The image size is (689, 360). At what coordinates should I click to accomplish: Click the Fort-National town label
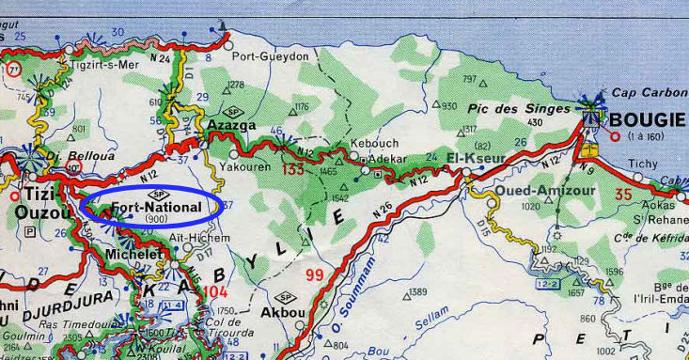click(156, 206)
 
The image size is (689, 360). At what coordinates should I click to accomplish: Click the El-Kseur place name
click(477, 157)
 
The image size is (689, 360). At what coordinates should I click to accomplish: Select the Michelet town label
click(130, 255)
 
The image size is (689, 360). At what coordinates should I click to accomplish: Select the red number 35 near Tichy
click(623, 195)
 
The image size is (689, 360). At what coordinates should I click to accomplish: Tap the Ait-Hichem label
click(200, 238)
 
